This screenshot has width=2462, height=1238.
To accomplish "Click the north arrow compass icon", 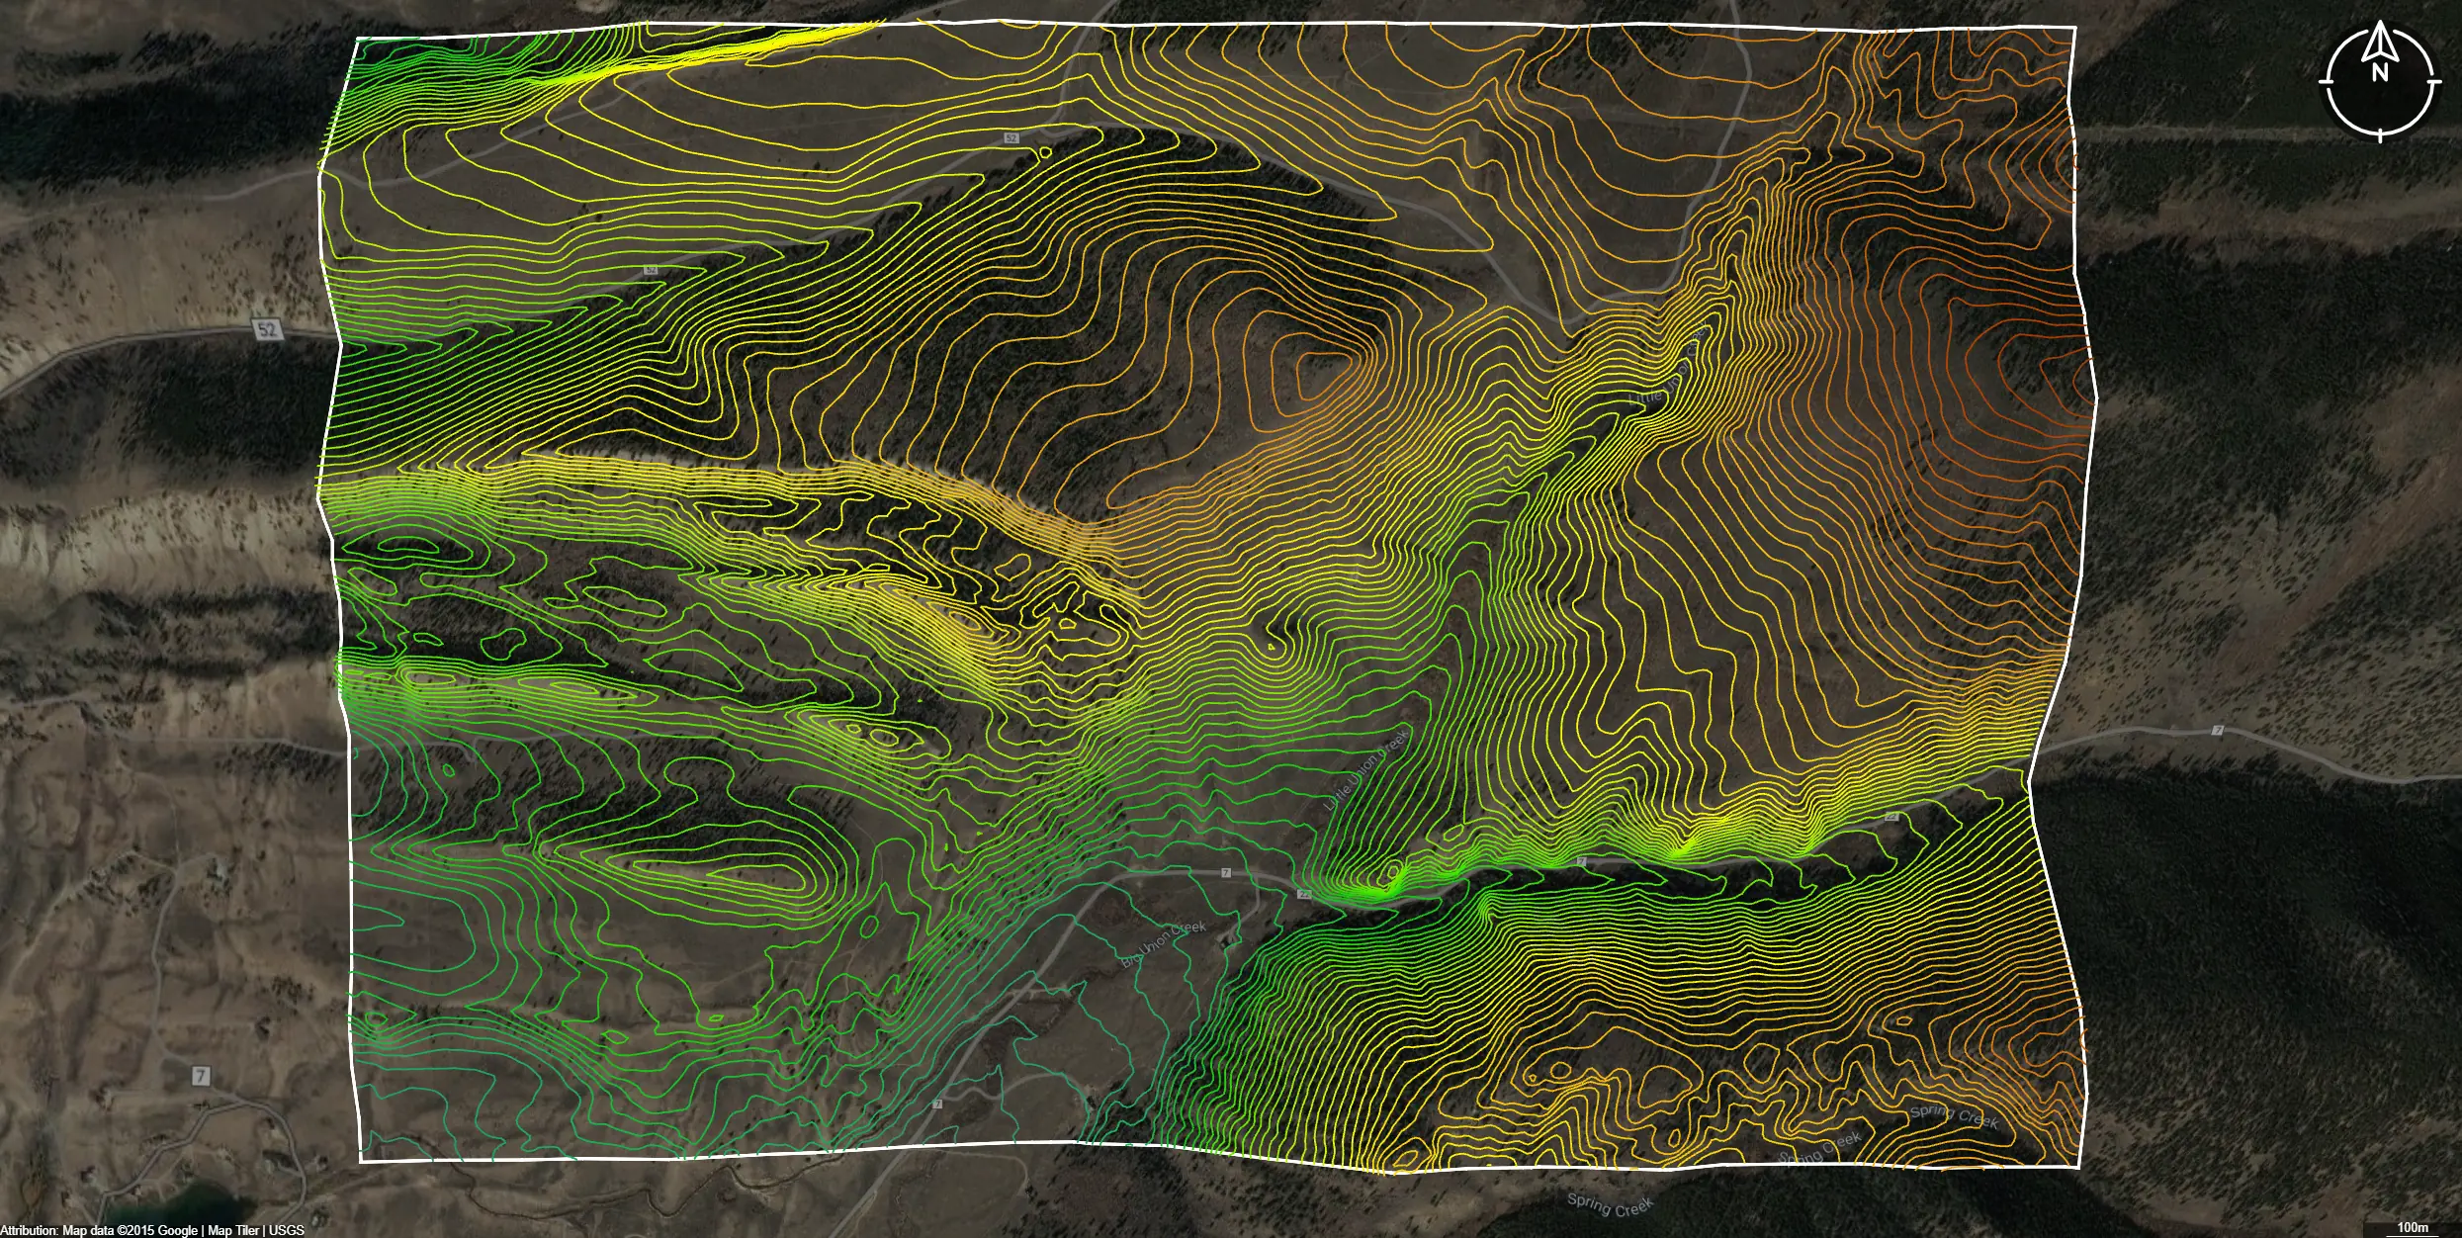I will (2379, 82).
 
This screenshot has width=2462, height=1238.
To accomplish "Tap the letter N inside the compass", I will (2380, 71).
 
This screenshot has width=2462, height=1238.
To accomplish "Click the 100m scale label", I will (2413, 1227).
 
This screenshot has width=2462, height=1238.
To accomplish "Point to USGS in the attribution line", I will (287, 1230).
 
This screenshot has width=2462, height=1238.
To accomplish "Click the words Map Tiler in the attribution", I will (233, 1230).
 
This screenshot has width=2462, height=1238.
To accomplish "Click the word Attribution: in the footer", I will (30, 1230).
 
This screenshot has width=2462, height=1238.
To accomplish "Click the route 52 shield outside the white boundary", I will (267, 329).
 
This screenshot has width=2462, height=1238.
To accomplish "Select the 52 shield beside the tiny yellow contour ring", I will (1011, 138).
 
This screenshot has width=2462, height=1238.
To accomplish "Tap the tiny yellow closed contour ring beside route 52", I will (1044, 152).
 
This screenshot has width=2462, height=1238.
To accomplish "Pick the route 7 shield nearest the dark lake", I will (201, 1075).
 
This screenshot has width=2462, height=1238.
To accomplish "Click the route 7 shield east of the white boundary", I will (2218, 731).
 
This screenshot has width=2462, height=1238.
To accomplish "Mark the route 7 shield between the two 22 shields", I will (1581, 862).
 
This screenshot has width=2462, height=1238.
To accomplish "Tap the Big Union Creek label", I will (1163, 943).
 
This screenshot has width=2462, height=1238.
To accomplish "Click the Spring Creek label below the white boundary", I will (1609, 1205).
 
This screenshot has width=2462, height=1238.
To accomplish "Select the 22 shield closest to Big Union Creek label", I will (1304, 893).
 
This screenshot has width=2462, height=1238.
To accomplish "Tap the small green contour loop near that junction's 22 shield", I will (1395, 873).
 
